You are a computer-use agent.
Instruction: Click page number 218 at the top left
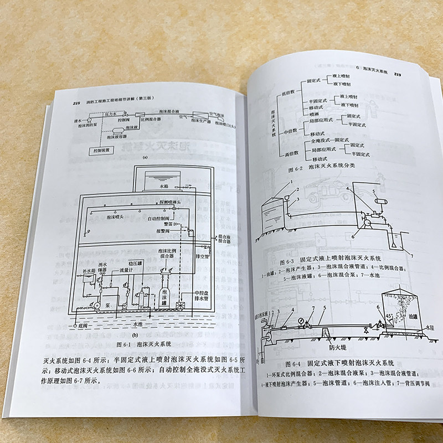pyautogui.click(x=77, y=103)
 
